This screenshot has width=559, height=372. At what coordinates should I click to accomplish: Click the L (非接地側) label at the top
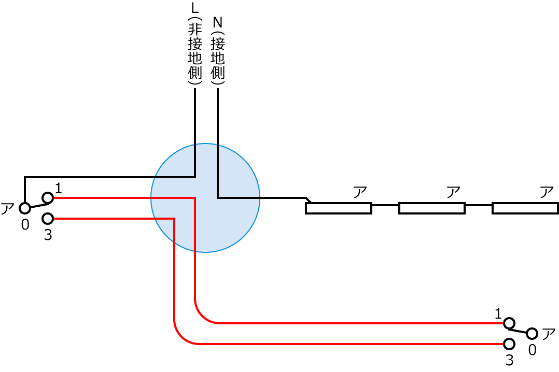[195, 46]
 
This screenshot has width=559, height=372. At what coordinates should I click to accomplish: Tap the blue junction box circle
[205, 198]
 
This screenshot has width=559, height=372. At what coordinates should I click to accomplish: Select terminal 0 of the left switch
[24, 208]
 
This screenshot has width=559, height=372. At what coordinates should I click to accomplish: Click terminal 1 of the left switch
[48, 197]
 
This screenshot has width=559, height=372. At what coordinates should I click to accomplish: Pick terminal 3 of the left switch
[48, 219]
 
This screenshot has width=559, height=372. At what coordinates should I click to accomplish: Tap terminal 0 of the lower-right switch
[532, 334]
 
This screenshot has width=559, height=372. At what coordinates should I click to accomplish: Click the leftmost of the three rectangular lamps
[339, 208]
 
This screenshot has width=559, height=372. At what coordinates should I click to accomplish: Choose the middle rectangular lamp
[431, 208]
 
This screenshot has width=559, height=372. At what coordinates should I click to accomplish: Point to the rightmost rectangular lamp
[525, 208]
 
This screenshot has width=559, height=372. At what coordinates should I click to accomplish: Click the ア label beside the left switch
[8, 209]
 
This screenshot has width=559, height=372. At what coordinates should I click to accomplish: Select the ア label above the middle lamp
[453, 192]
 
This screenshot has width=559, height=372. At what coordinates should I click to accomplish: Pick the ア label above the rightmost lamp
[547, 192]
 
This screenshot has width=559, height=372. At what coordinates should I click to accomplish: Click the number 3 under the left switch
[48, 235]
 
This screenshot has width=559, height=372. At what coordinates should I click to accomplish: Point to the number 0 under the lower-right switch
[532, 350]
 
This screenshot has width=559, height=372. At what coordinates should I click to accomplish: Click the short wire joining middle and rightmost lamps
[478, 205]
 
